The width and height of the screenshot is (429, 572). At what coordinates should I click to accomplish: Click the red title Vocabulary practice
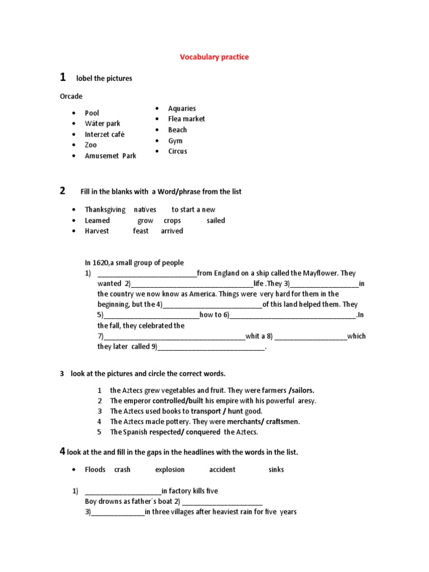point(214,57)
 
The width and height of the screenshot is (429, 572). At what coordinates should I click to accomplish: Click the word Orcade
point(71,96)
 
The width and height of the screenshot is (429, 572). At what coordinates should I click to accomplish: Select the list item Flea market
point(186,119)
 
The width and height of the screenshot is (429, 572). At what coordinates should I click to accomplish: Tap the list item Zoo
point(90,145)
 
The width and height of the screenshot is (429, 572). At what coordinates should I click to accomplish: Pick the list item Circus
point(178,151)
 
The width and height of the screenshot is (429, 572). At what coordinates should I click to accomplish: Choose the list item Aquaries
point(182,108)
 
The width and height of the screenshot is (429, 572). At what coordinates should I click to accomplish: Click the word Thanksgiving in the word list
point(105,209)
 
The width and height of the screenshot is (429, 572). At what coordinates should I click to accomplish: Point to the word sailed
point(216,221)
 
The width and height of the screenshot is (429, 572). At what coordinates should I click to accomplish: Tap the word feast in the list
point(141,231)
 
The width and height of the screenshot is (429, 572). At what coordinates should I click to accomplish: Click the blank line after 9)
point(211,347)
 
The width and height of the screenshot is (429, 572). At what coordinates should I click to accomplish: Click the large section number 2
point(63,191)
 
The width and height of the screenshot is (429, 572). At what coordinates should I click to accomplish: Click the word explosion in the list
point(170,470)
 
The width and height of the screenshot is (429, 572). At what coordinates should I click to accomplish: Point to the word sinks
point(276,470)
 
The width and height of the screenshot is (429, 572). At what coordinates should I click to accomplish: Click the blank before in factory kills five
point(123,492)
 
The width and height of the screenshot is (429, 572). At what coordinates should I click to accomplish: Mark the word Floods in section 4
point(95,470)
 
